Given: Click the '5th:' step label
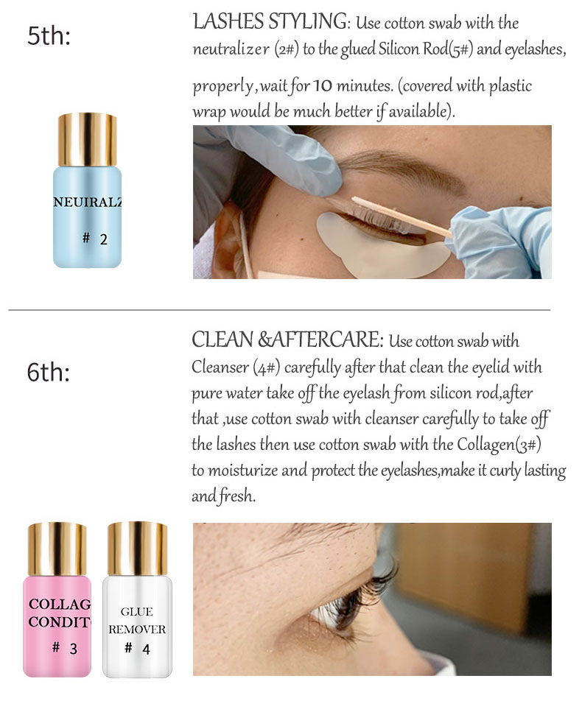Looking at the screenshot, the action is tap(49, 35).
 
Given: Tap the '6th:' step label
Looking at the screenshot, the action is tap(49, 372).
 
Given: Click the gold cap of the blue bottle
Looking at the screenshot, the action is tap(87, 140).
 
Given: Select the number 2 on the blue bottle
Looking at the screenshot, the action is tap(104, 239).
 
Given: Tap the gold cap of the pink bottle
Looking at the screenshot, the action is tap(57, 549).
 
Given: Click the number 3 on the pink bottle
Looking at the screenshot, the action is tap(74, 649).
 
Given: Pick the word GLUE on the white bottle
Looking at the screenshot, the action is tap(136, 612).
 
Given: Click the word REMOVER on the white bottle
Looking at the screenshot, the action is tap(137, 630).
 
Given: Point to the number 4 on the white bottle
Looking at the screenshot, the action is tap(147, 649).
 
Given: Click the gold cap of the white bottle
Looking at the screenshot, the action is tap(137, 549).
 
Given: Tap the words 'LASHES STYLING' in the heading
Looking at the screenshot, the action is tap(270, 21).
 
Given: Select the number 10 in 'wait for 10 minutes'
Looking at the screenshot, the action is tap(322, 85).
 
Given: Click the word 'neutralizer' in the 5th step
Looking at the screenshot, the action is tap(231, 49).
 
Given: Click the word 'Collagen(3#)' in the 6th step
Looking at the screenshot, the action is tap(499, 445).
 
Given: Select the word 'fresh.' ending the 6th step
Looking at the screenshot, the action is tap(237, 496).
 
